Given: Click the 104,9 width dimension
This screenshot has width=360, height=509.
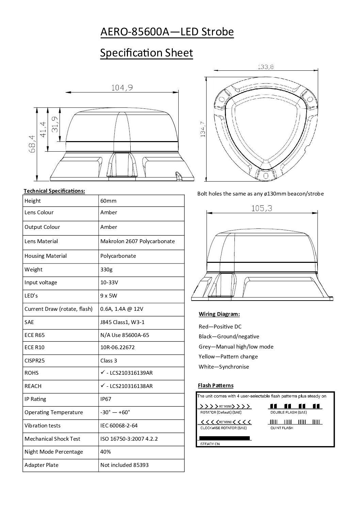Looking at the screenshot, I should pyautogui.click(x=122, y=88).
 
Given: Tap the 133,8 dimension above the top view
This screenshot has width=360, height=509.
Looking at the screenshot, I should pyautogui.click(x=265, y=67).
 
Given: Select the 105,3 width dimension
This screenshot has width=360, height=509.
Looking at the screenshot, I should pyautogui.click(x=262, y=208).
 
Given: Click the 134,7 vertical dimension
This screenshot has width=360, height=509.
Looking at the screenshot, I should pyautogui.click(x=203, y=129).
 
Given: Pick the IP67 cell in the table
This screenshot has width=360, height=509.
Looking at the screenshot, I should pyautogui.click(x=106, y=399).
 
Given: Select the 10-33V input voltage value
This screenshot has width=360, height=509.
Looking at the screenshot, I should pyautogui.click(x=109, y=282).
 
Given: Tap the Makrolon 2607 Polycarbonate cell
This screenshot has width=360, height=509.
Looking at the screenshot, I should pyautogui.click(x=137, y=241).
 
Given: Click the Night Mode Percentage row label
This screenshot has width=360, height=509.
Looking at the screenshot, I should pyautogui.click(x=54, y=452).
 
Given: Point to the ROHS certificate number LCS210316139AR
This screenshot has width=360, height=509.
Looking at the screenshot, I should pyautogui.click(x=129, y=373).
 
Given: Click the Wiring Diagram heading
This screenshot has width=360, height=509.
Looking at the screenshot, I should pyautogui.click(x=219, y=314).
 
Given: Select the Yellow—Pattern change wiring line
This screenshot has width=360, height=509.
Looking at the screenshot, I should pyautogui.click(x=228, y=356).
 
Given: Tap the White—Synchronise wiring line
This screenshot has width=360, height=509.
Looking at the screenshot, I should pyautogui.click(x=224, y=367).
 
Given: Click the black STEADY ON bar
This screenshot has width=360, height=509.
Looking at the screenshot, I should pyautogui.click(x=224, y=438).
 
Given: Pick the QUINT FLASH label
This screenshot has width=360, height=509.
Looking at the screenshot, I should pyautogui.click(x=282, y=428).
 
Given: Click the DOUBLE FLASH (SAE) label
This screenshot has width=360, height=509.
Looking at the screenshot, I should pyautogui.click(x=289, y=412).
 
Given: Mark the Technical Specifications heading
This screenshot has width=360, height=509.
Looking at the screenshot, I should pyautogui.click(x=54, y=191).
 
